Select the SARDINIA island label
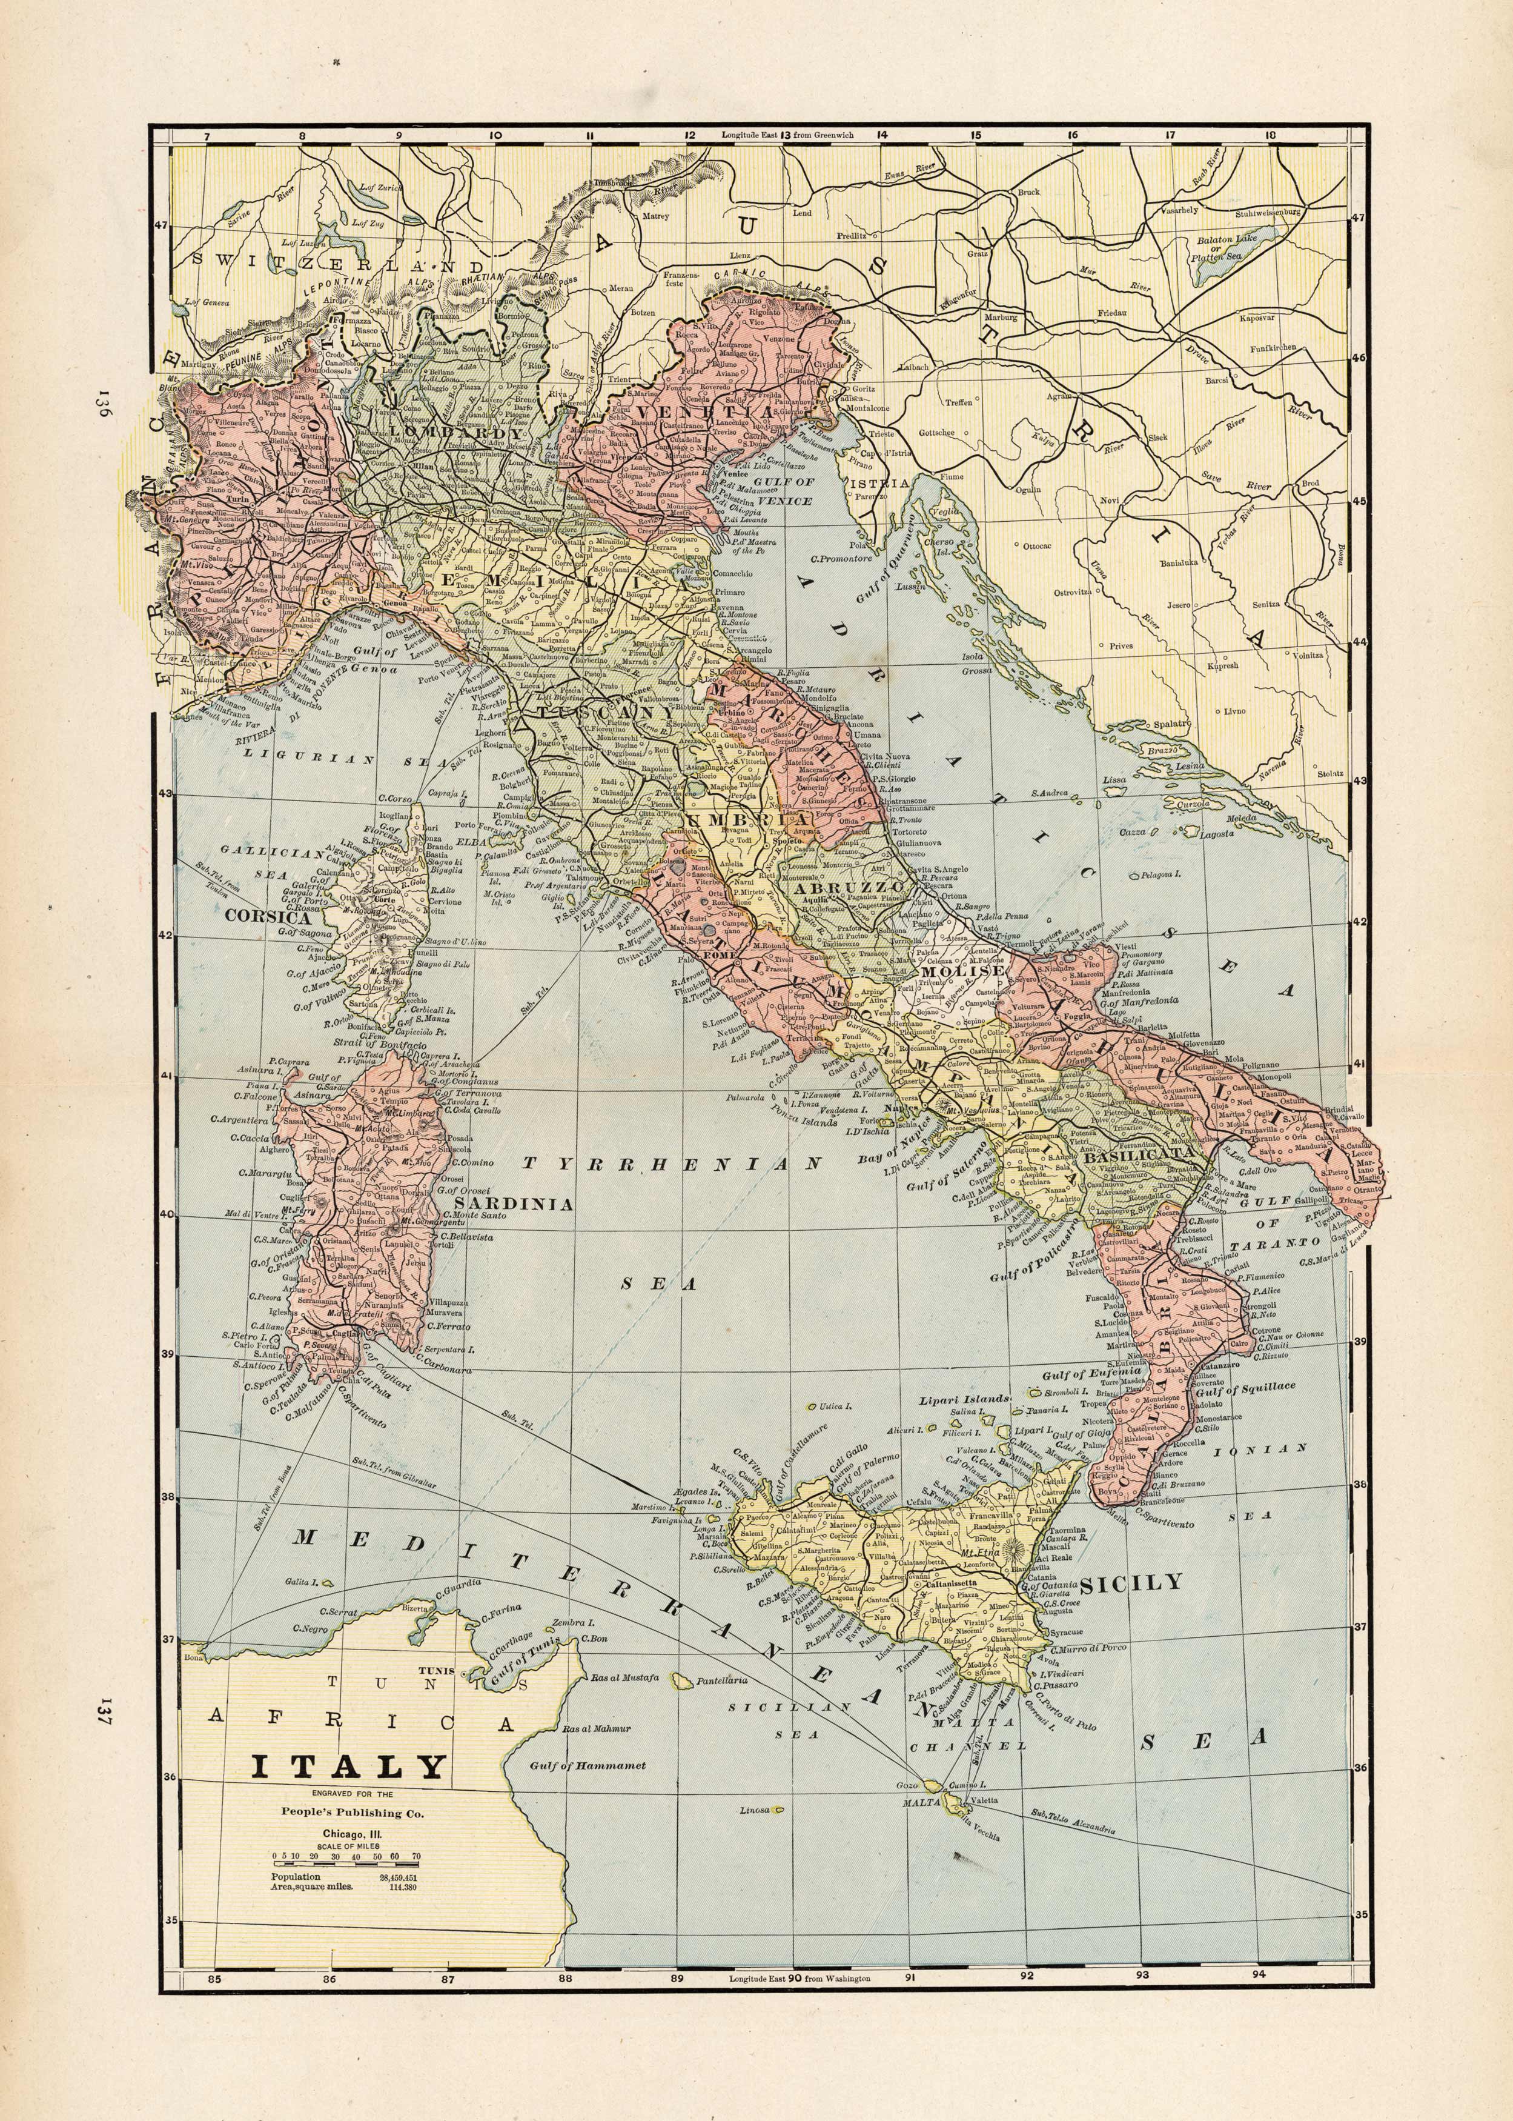tap(512, 1204)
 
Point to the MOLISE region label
tap(973, 970)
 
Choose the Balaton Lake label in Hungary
tap(1233, 246)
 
